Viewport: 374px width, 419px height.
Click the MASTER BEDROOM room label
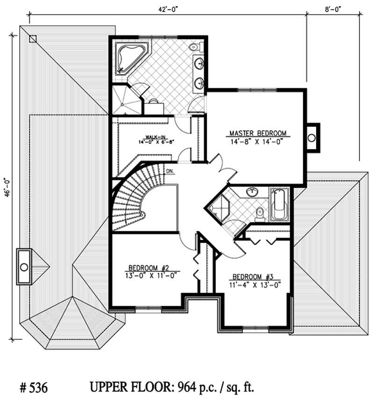(x=258, y=132)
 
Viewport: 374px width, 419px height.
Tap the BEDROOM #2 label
(x=148, y=268)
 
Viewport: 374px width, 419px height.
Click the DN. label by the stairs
(x=170, y=171)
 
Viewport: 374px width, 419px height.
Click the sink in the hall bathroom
(x=253, y=191)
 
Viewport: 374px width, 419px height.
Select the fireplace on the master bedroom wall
(x=312, y=138)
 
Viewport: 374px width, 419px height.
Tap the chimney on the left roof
(x=23, y=267)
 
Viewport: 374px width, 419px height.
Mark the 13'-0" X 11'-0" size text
(x=148, y=275)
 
